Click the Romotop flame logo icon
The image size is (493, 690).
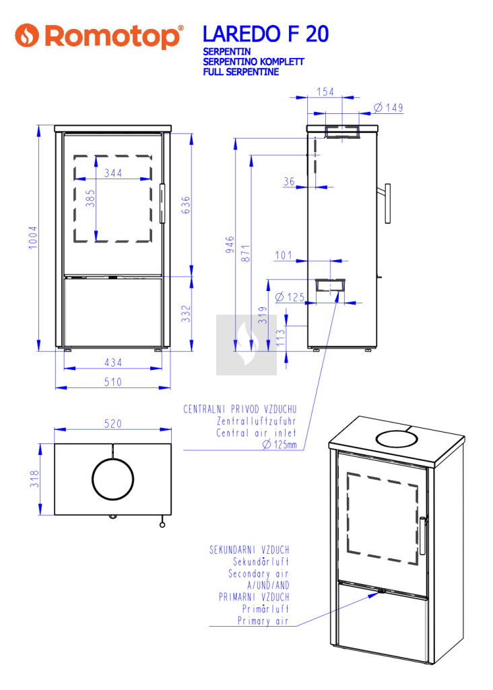27,36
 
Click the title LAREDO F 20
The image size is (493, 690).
265,34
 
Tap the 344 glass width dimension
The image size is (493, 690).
113,173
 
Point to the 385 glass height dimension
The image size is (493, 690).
91,201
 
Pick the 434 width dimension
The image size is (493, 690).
113,363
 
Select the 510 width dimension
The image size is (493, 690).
112,382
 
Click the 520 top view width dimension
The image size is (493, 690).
112,424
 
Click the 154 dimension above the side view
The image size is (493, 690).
325,92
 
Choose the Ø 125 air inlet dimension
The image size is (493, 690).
291,296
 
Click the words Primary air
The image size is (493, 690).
263,621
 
